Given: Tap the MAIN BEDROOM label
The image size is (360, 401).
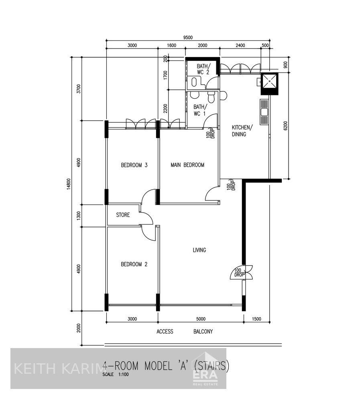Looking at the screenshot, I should pyautogui.click(x=187, y=165).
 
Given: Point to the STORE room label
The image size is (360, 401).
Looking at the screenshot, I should pyautogui.click(x=123, y=215).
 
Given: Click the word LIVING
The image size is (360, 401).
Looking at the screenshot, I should pyautogui.click(x=199, y=250).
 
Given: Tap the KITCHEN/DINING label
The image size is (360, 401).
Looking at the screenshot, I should pyautogui.click(x=242, y=131).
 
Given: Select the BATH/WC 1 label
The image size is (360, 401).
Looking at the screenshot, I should pyautogui.click(x=199, y=110).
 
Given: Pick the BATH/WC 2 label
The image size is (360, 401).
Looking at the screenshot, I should pyautogui.click(x=203, y=69).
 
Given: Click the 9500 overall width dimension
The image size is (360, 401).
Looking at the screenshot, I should pyautogui.click(x=188, y=37).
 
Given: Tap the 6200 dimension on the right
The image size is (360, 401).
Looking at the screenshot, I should pyautogui.click(x=285, y=127).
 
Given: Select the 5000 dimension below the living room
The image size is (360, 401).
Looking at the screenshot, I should pyautogui.click(x=201, y=319).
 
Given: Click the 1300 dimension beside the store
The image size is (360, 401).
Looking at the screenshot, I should pyautogui.click(x=79, y=216).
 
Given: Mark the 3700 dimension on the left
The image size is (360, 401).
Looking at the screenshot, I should pyautogui.click(x=79, y=89).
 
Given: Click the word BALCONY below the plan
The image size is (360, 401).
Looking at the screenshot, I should pyautogui.click(x=203, y=332).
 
